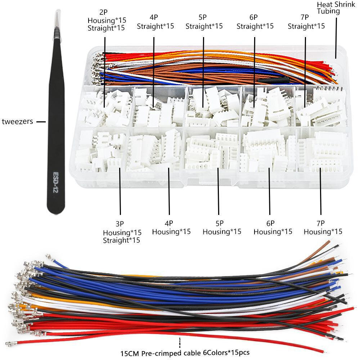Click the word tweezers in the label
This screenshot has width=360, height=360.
pyautogui.click(x=17, y=122)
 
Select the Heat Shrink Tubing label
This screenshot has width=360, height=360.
pyautogui.click(x=329, y=8)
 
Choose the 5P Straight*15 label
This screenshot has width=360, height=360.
pyautogui.click(x=204, y=22)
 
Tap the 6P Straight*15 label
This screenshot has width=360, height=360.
pyautogui.click(x=255, y=22)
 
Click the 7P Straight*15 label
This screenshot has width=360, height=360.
pyautogui.click(x=306, y=22)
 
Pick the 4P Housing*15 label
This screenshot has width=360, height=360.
pyautogui.click(x=171, y=228)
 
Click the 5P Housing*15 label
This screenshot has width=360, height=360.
pyautogui.click(x=221, y=228)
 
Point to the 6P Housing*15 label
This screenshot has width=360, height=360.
pyautogui.click(x=273, y=228)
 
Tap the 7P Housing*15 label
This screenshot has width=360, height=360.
pyautogui.click(x=323, y=228)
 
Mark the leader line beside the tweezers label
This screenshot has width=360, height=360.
pyautogui.click(x=41, y=122)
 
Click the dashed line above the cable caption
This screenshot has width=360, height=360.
pyautogui.click(x=179, y=342)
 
